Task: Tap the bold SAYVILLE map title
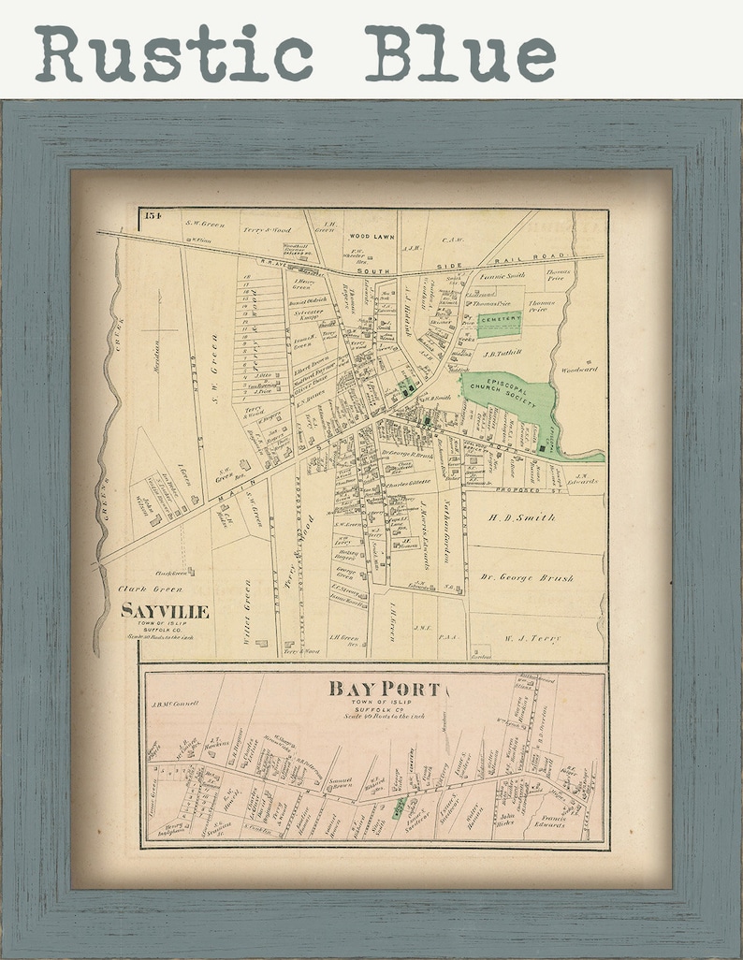(x=165, y=612)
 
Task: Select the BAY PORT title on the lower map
(x=383, y=690)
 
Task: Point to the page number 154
(x=153, y=217)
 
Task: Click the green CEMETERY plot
(x=499, y=321)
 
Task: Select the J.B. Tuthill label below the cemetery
(x=502, y=354)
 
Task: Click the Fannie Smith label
(x=503, y=275)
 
